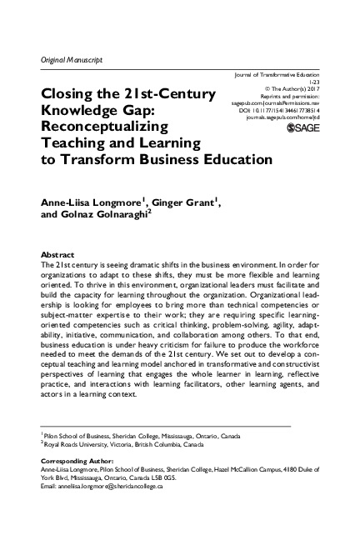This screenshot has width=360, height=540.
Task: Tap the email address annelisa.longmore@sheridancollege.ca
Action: (99, 486)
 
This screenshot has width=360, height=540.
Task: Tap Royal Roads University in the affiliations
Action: (73, 444)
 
